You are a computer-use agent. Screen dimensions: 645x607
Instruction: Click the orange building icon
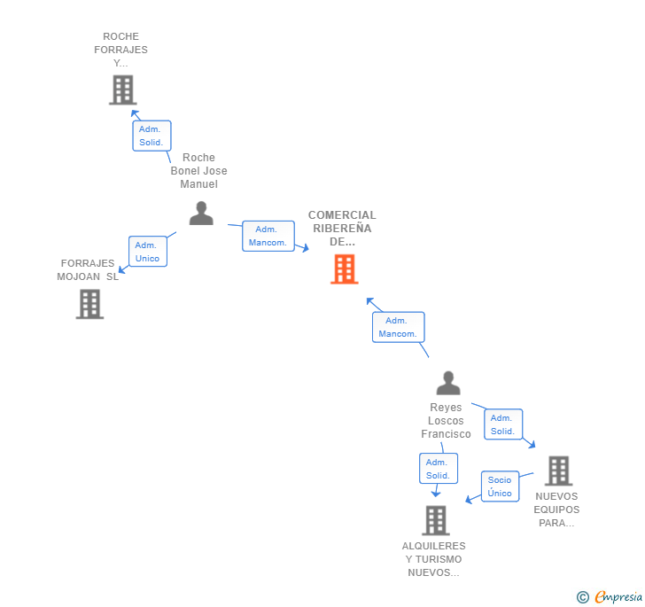[x=344, y=268]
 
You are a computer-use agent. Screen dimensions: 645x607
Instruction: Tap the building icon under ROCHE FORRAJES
[x=122, y=89]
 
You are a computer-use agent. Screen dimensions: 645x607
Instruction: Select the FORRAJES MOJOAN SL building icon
[x=89, y=304]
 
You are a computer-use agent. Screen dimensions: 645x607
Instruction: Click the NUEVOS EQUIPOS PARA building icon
[x=557, y=471]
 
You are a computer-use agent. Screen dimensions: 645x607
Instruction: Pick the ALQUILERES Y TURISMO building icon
[x=435, y=520]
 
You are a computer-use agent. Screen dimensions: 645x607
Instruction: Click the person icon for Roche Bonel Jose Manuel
[x=201, y=214]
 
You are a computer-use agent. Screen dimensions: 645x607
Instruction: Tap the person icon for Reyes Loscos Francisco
[x=448, y=383]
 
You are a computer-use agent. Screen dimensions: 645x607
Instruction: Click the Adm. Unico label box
[x=147, y=252]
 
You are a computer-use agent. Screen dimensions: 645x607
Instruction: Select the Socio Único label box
[x=500, y=486]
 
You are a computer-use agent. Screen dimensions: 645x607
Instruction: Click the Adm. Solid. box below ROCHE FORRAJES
[x=152, y=136]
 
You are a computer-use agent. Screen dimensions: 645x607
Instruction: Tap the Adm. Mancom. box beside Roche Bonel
[x=268, y=236]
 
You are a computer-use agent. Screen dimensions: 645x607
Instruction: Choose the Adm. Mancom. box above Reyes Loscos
[x=398, y=327]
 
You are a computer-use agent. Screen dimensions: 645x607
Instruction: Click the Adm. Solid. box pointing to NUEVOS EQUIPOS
[x=502, y=424]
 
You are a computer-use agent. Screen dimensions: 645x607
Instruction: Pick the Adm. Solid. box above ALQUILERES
[x=438, y=469]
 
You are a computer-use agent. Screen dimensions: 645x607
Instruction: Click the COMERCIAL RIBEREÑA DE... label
[x=342, y=228]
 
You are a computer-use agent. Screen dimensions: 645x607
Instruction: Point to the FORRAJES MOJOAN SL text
[x=89, y=269]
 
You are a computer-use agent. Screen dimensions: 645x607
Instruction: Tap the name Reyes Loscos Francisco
[x=446, y=421]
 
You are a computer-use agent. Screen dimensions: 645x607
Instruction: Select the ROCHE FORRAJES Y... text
[x=120, y=50]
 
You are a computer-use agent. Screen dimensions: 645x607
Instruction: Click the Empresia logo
[x=618, y=596]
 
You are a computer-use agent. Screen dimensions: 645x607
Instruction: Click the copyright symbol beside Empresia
[x=583, y=597]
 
